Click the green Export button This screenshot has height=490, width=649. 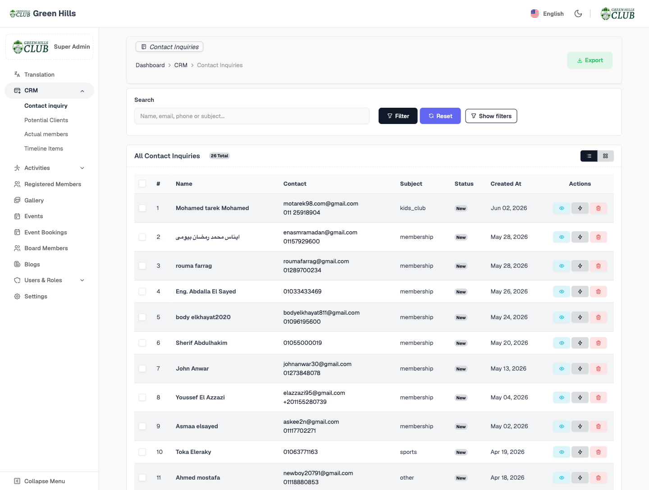(590, 60)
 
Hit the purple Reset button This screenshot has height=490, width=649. (440, 116)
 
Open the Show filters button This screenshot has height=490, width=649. (491, 116)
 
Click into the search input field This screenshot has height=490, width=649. (251, 116)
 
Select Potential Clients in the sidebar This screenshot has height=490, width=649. (46, 120)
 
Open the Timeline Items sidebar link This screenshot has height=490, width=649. (43, 148)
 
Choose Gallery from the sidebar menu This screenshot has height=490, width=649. (34, 200)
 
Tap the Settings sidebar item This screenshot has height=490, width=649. (36, 296)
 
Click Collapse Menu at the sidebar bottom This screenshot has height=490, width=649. (44, 481)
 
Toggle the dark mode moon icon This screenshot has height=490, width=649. (578, 14)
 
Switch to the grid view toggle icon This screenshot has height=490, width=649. (605, 156)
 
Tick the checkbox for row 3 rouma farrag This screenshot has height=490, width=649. (142, 266)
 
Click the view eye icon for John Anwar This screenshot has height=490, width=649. (562, 368)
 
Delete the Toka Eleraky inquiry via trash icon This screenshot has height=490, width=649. (598, 452)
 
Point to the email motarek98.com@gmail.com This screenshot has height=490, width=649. (320, 203)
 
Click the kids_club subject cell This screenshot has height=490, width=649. (412, 208)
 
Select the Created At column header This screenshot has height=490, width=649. (506, 183)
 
